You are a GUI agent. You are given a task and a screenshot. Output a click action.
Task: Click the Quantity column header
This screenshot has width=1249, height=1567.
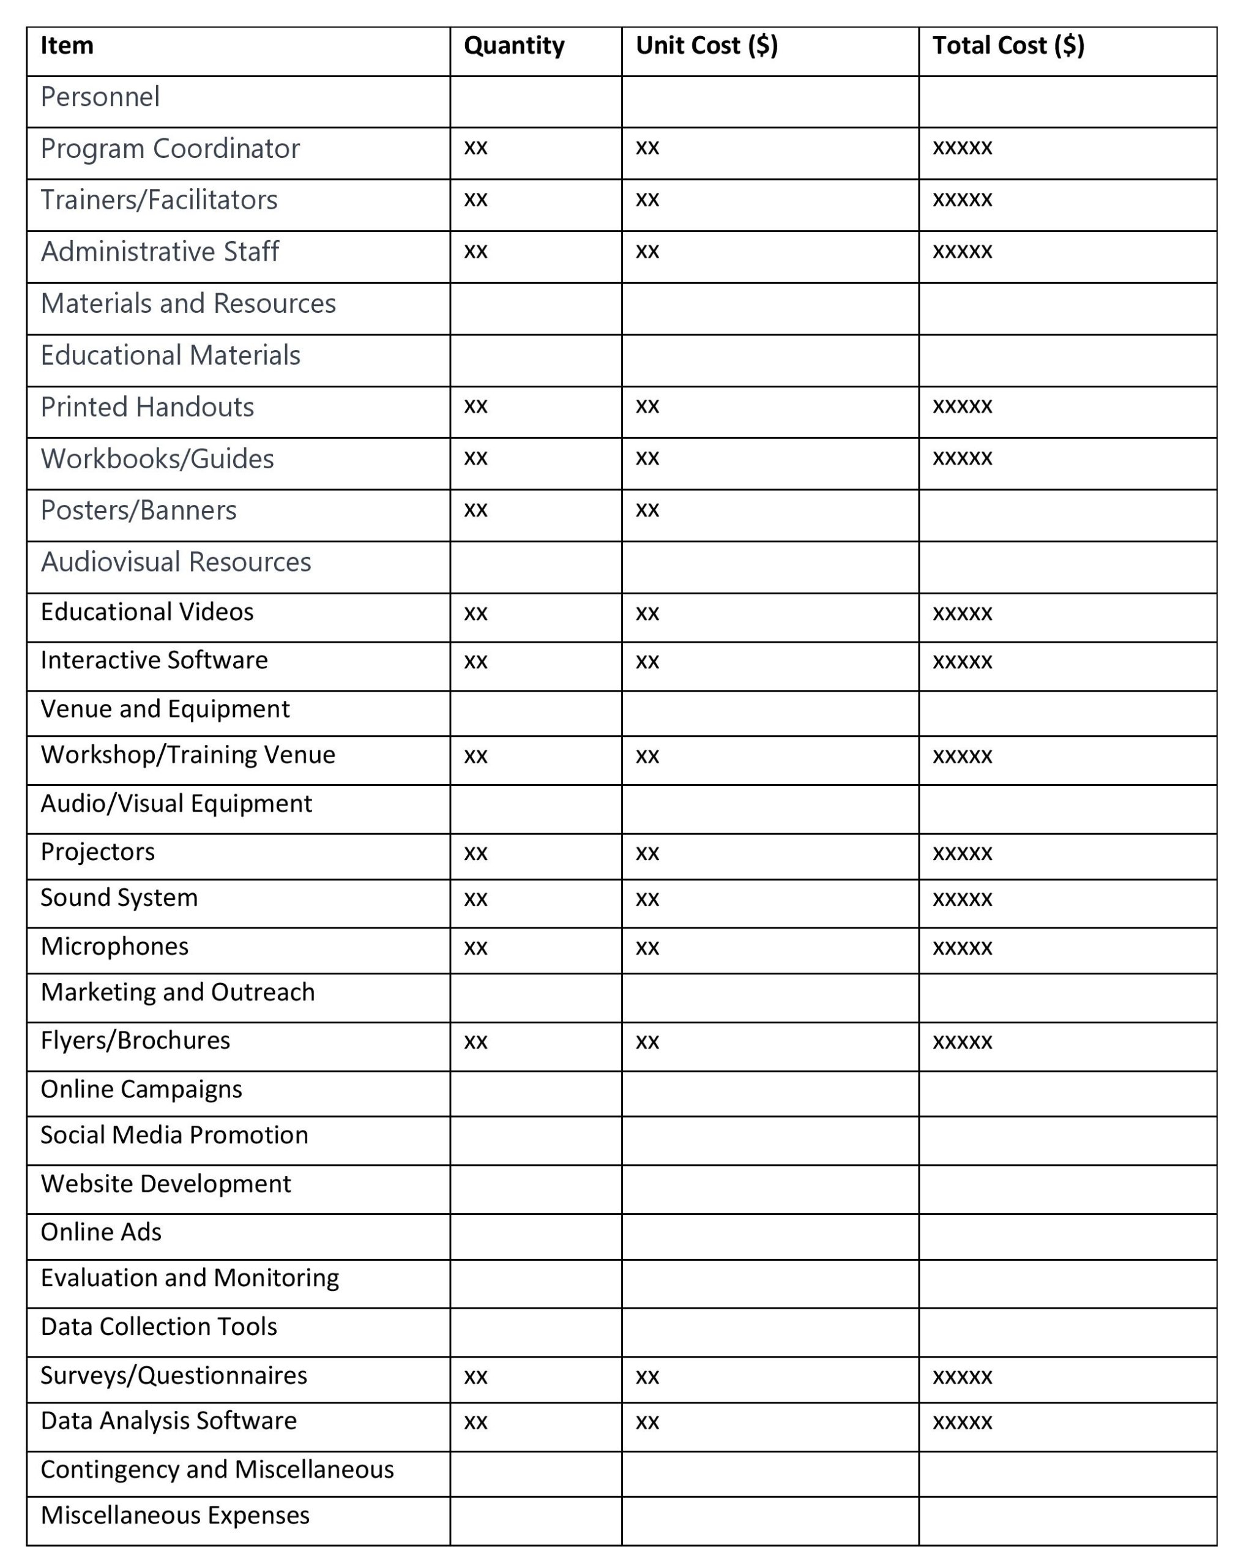[x=513, y=46]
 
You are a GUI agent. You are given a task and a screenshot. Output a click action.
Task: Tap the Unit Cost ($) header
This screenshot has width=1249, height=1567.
[x=706, y=46]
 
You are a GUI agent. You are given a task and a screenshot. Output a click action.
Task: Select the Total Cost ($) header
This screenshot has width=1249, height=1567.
[x=1008, y=46]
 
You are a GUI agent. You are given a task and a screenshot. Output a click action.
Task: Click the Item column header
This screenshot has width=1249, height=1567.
[x=67, y=46]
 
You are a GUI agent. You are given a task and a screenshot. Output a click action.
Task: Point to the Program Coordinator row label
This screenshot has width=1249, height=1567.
[x=170, y=149]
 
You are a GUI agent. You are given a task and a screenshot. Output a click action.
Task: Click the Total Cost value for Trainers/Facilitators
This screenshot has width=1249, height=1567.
[x=962, y=200]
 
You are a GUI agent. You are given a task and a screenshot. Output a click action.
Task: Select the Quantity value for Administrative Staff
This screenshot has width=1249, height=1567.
[x=476, y=252]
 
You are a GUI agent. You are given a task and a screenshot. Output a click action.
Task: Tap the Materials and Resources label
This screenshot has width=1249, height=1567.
[x=188, y=304]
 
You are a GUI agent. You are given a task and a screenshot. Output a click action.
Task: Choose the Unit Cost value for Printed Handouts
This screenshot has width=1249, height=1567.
[x=647, y=406]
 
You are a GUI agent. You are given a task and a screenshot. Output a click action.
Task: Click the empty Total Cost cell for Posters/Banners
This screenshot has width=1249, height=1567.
[x=1067, y=515]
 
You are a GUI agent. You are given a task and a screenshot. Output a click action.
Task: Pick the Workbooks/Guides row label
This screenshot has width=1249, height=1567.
[x=157, y=458]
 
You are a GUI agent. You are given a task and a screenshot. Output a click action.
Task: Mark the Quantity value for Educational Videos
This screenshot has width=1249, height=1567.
[x=476, y=613]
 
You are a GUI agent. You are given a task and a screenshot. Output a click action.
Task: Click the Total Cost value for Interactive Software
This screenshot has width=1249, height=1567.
[x=962, y=662]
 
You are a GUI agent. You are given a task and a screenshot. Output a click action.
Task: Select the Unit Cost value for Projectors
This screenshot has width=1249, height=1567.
[x=647, y=853]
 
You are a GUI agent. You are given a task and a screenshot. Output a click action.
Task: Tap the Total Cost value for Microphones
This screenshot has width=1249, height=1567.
[x=962, y=948]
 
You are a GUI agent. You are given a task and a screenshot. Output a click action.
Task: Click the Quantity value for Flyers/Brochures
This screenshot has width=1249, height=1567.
[x=476, y=1042]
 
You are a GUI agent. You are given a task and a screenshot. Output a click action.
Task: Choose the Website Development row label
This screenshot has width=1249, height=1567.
[x=166, y=1184]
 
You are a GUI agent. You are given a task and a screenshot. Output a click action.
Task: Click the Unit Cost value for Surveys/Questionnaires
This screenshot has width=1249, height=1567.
[x=647, y=1377]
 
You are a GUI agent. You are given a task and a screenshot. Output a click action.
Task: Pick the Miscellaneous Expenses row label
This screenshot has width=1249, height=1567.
[x=175, y=1516]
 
